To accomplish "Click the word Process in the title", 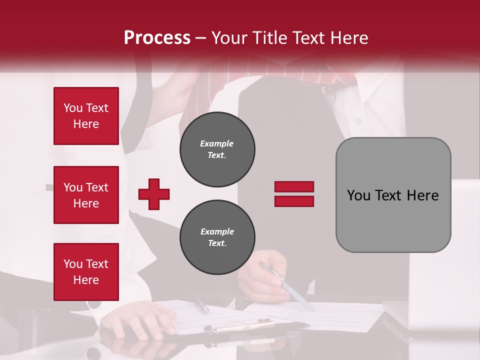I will (x=157, y=38).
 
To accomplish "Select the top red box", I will (x=86, y=116).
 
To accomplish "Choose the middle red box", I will (x=86, y=195).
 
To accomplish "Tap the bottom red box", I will (x=86, y=272).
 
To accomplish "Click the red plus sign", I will (x=154, y=194).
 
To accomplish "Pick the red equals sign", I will (x=294, y=194).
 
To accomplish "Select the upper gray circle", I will (x=217, y=149).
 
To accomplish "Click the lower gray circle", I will (x=217, y=237).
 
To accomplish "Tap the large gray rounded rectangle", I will (x=393, y=195).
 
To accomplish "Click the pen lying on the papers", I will (x=201, y=305).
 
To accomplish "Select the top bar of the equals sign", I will (x=294, y=187).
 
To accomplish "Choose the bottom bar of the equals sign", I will (x=294, y=201).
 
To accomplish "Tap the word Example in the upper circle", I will (x=216, y=143).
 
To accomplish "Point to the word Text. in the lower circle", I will (x=216, y=243).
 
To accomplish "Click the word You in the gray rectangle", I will (x=358, y=195).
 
